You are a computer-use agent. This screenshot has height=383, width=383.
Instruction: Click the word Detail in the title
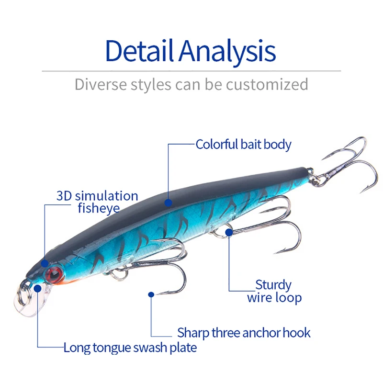point(139,50)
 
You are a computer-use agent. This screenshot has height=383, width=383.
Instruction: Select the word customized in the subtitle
point(267,85)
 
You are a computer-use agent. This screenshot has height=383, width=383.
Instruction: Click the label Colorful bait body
point(243,144)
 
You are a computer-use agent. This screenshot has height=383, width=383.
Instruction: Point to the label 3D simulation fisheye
point(97,202)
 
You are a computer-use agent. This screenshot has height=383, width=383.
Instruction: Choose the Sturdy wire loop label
point(274,292)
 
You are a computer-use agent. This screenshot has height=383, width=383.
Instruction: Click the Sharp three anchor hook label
point(244,332)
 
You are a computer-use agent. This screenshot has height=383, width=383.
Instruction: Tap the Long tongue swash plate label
point(130,347)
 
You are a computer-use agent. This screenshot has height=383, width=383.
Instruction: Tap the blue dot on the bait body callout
point(168,203)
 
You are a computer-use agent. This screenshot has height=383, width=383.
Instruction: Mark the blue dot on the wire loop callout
point(229,233)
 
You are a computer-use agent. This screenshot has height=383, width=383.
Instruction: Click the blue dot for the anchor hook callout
point(151,295)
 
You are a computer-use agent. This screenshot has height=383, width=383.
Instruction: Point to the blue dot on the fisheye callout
point(45,263)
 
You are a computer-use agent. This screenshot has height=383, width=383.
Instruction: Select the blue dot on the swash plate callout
point(38,288)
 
